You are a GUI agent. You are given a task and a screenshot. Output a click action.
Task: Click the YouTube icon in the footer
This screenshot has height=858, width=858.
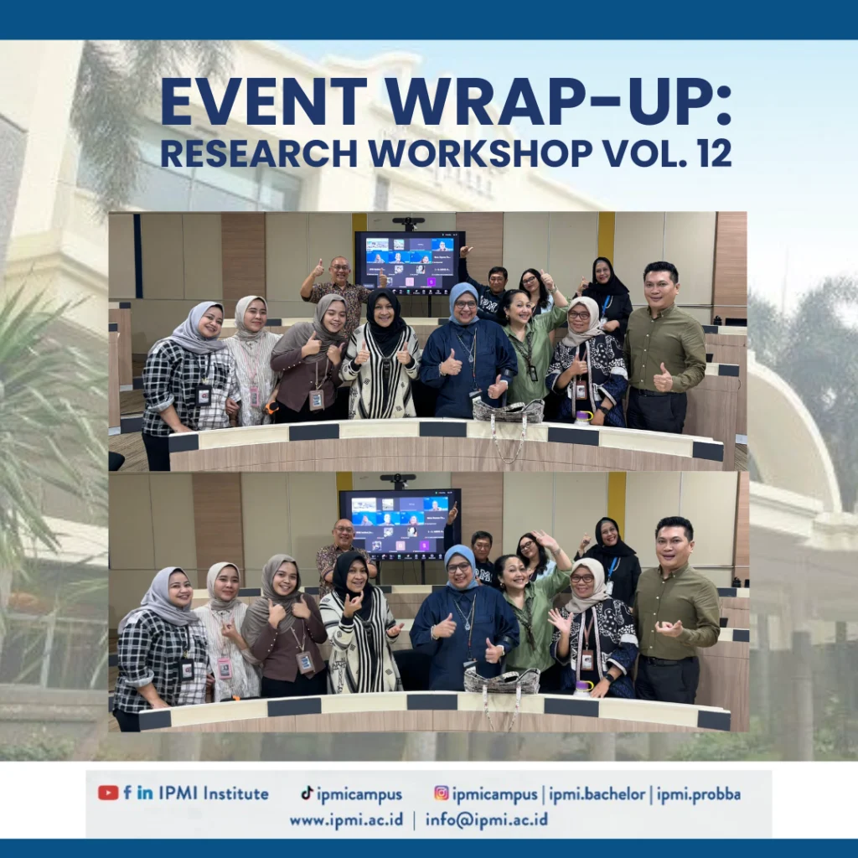pos(108,793)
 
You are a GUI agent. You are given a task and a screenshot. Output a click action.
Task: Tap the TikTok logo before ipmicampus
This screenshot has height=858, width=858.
pos(307,793)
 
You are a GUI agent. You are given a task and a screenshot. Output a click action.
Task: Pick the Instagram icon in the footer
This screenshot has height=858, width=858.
pos(441,793)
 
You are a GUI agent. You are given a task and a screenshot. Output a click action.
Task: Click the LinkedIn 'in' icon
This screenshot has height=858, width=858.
pos(145,793)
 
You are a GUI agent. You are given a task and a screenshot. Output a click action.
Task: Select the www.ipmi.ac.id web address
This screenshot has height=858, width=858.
pos(346,819)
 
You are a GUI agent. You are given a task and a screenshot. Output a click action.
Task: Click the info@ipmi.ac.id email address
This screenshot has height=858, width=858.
pos(487,819)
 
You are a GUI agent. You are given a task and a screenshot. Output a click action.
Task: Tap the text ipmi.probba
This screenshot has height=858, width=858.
pos(699,794)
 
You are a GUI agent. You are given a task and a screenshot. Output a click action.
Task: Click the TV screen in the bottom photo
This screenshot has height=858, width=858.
pos(400,525)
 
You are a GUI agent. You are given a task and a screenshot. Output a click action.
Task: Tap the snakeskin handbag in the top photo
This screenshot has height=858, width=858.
pos(509,411)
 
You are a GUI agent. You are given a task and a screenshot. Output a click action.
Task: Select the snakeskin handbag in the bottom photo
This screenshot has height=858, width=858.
pos(502,680)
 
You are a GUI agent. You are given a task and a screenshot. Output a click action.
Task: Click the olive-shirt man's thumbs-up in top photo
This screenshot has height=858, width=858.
pos(663,378)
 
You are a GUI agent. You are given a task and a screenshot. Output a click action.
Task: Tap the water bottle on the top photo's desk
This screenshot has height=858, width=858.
pos(583,418)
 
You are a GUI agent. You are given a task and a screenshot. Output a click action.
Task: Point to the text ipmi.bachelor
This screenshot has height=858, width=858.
pos(597,794)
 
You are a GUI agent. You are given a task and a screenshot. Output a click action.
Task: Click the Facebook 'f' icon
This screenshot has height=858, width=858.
pos(127,793)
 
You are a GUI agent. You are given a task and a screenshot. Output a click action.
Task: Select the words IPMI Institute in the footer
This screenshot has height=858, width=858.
pos(214,793)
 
